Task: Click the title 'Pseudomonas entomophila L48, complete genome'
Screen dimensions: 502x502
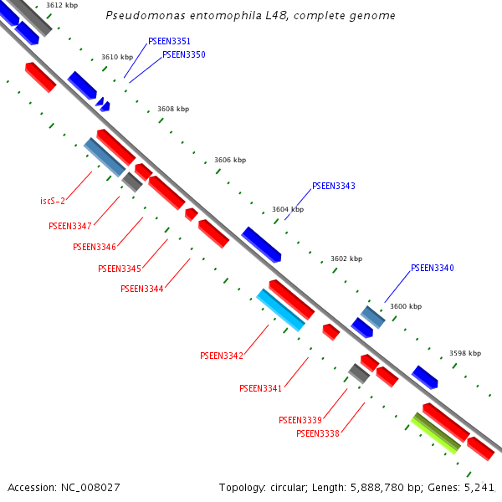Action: pos(251,16)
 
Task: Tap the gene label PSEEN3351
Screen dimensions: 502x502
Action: pos(169,41)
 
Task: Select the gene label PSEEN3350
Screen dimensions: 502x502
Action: pos(183,54)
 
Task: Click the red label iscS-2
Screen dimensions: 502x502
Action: pos(53,201)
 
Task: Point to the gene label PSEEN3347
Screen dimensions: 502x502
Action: pos(70,226)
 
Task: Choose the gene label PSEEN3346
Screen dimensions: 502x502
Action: pos(95,247)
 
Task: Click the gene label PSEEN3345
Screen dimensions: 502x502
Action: pos(119,269)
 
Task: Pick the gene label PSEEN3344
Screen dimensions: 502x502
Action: pos(141,289)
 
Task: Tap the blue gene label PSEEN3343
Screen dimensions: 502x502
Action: pos(333,187)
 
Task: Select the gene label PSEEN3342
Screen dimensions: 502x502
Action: pos(221,356)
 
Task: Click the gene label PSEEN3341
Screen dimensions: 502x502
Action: pos(260,388)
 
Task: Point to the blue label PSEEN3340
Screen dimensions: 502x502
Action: pos(432,269)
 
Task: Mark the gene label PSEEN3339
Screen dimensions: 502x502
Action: pos(300,420)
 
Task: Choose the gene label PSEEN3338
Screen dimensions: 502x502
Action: pos(317,433)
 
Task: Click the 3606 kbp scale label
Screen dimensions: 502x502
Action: pos(230,160)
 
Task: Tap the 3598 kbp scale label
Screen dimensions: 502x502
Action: pos(465,353)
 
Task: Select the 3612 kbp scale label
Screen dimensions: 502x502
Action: pos(62,5)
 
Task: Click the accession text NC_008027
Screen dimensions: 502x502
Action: pos(64,487)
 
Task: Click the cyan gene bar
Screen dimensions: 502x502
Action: pos(280,310)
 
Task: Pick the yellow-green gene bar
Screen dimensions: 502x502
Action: pos(436,433)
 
